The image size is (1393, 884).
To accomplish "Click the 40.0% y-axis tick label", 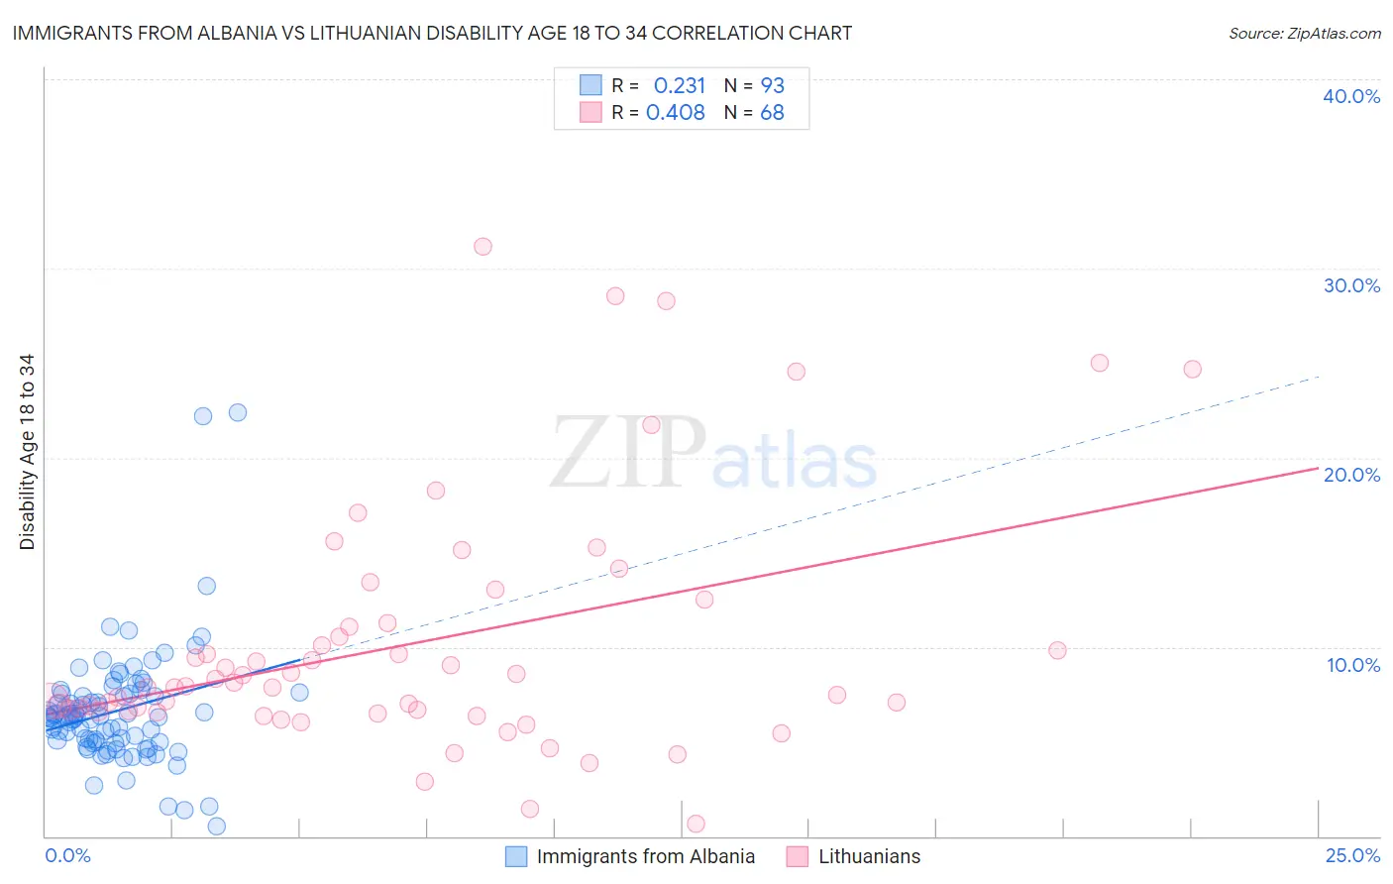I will (x=1350, y=96).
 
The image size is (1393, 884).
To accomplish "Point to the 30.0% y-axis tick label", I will (x=1350, y=285).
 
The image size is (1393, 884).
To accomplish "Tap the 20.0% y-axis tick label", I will (x=1350, y=475).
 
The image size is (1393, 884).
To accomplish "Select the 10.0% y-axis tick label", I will (x=1352, y=665).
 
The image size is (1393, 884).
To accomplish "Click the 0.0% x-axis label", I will (x=67, y=855).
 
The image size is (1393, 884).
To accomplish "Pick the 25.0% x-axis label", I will (x=1352, y=855).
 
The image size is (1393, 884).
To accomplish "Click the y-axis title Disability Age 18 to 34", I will (x=27, y=452).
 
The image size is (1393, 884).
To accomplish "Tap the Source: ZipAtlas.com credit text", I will (x=1304, y=33).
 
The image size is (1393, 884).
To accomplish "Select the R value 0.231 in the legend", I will (x=679, y=85).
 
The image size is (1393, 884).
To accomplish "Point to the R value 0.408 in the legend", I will (x=675, y=112).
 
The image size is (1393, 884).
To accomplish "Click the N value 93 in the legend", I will (x=772, y=85).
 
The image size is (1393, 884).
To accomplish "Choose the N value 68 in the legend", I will (x=772, y=112).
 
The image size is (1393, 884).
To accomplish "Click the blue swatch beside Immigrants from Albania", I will (x=516, y=856).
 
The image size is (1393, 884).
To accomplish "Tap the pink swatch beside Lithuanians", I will (x=798, y=856).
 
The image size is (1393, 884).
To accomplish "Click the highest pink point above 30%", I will (x=482, y=247).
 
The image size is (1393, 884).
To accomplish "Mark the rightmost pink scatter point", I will (x=1192, y=369).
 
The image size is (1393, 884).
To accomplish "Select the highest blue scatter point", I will (x=238, y=412).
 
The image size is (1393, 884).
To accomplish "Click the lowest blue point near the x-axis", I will (x=216, y=827).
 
